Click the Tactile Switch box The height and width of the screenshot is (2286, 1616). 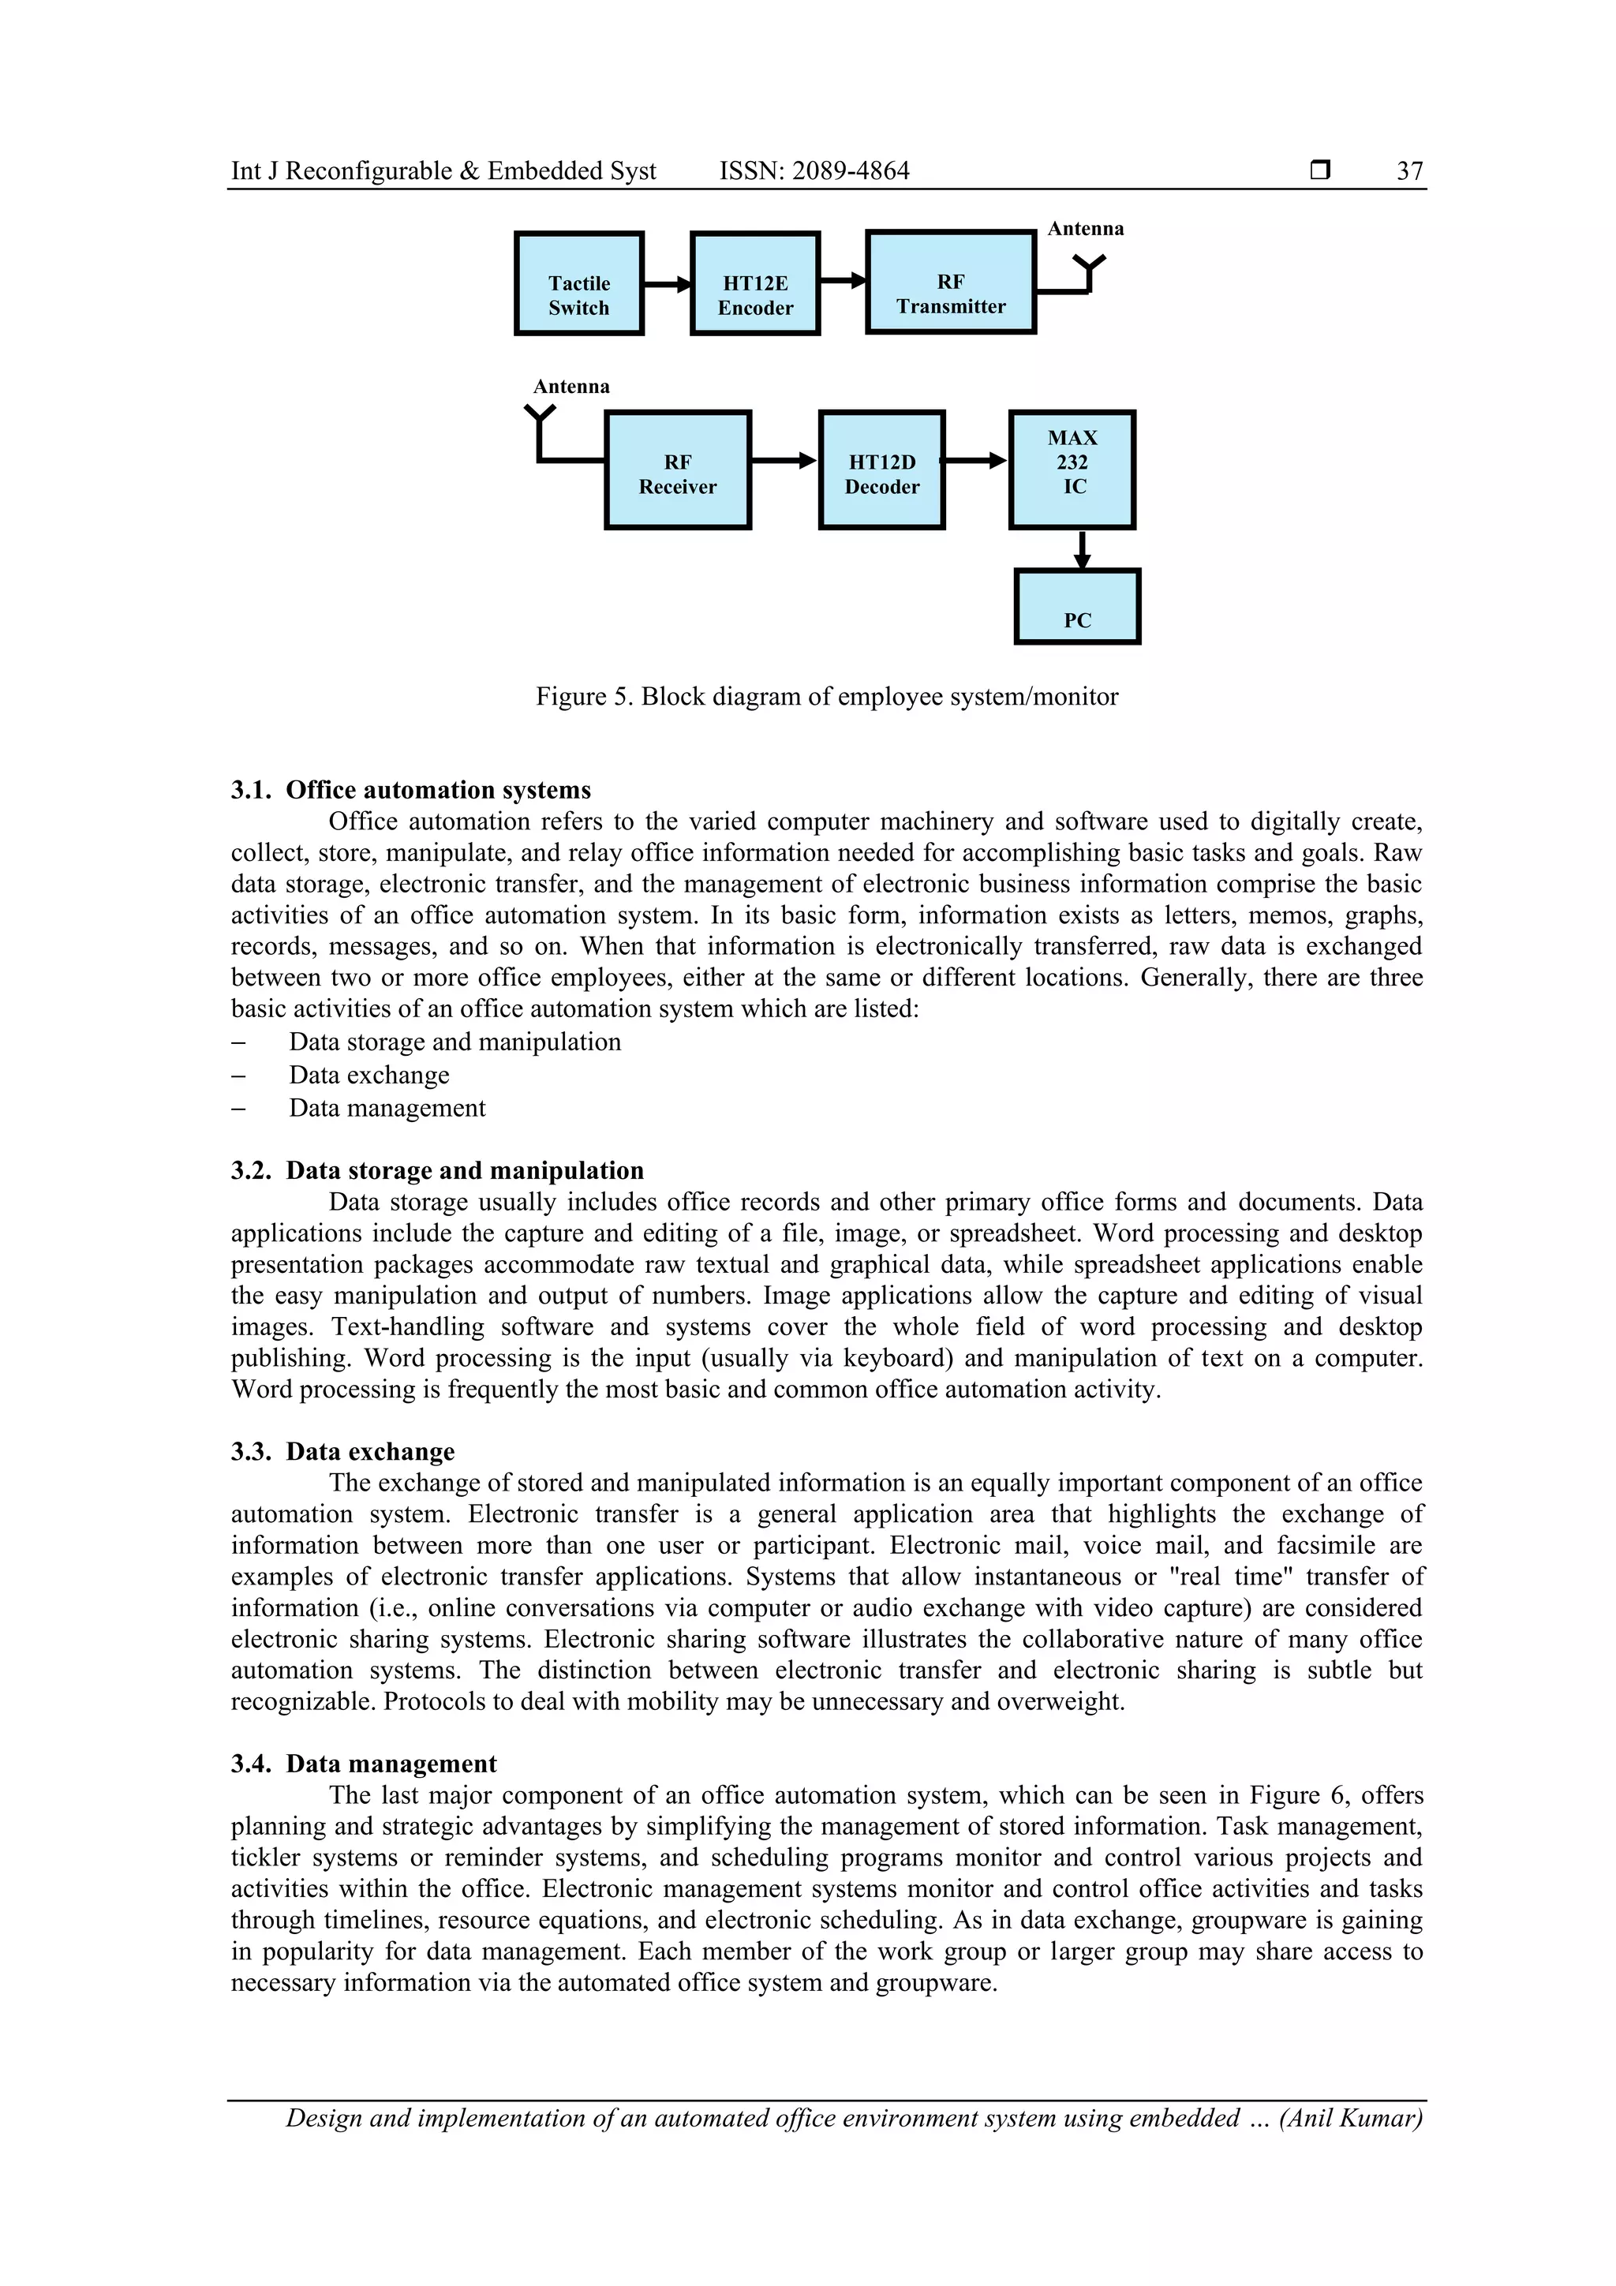tap(578, 284)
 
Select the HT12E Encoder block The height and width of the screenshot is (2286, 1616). tap(754, 284)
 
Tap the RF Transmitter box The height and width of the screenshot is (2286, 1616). tap(951, 282)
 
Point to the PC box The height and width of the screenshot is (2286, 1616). tap(1077, 608)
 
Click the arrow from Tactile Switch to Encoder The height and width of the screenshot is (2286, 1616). tap(667, 285)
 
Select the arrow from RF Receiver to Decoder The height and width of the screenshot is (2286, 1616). tap(784, 461)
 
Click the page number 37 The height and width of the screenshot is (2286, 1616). tap(1409, 171)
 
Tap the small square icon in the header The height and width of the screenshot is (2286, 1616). tap(1320, 170)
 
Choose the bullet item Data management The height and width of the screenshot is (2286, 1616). tap(387, 1108)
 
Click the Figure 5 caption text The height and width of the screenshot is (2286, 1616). tap(826, 697)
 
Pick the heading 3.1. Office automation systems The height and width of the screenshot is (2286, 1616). tap(410, 791)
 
